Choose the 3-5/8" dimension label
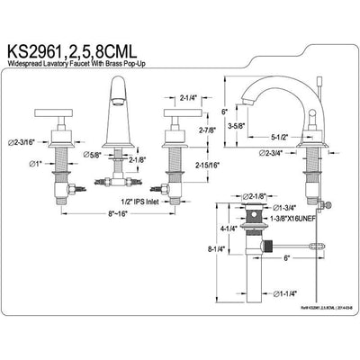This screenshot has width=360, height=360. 237,127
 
